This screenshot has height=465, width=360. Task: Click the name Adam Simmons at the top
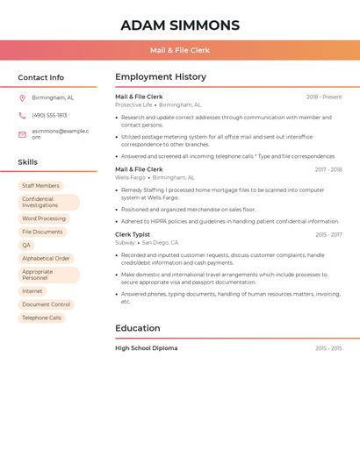coord(179,25)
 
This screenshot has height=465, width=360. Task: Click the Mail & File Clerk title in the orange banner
coord(179,50)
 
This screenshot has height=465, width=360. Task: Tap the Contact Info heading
coord(40,77)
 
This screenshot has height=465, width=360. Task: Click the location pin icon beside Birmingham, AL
coord(22,97)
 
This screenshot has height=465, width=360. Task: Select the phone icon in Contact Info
coord(22,115)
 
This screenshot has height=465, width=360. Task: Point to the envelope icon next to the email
coord(22,134)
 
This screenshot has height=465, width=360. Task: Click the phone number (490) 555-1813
coord(49,115)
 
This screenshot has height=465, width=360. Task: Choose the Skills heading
coord(27,162)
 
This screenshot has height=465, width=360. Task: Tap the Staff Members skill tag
coord(40,186)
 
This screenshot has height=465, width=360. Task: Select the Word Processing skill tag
coord(44,218)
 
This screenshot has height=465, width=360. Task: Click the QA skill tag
coord(26,245)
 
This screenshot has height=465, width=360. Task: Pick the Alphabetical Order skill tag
coord(46,259)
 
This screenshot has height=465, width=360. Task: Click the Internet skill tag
coord(32,291)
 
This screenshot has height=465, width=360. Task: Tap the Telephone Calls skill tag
coord(41,318)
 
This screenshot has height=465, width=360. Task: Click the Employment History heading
coord(161,77)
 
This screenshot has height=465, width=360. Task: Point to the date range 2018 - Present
coord(324,97)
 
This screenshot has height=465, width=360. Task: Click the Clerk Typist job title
coord(133,234)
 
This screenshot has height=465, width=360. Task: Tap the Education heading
coord(138,328)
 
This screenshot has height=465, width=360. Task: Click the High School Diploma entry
coord(146,348)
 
